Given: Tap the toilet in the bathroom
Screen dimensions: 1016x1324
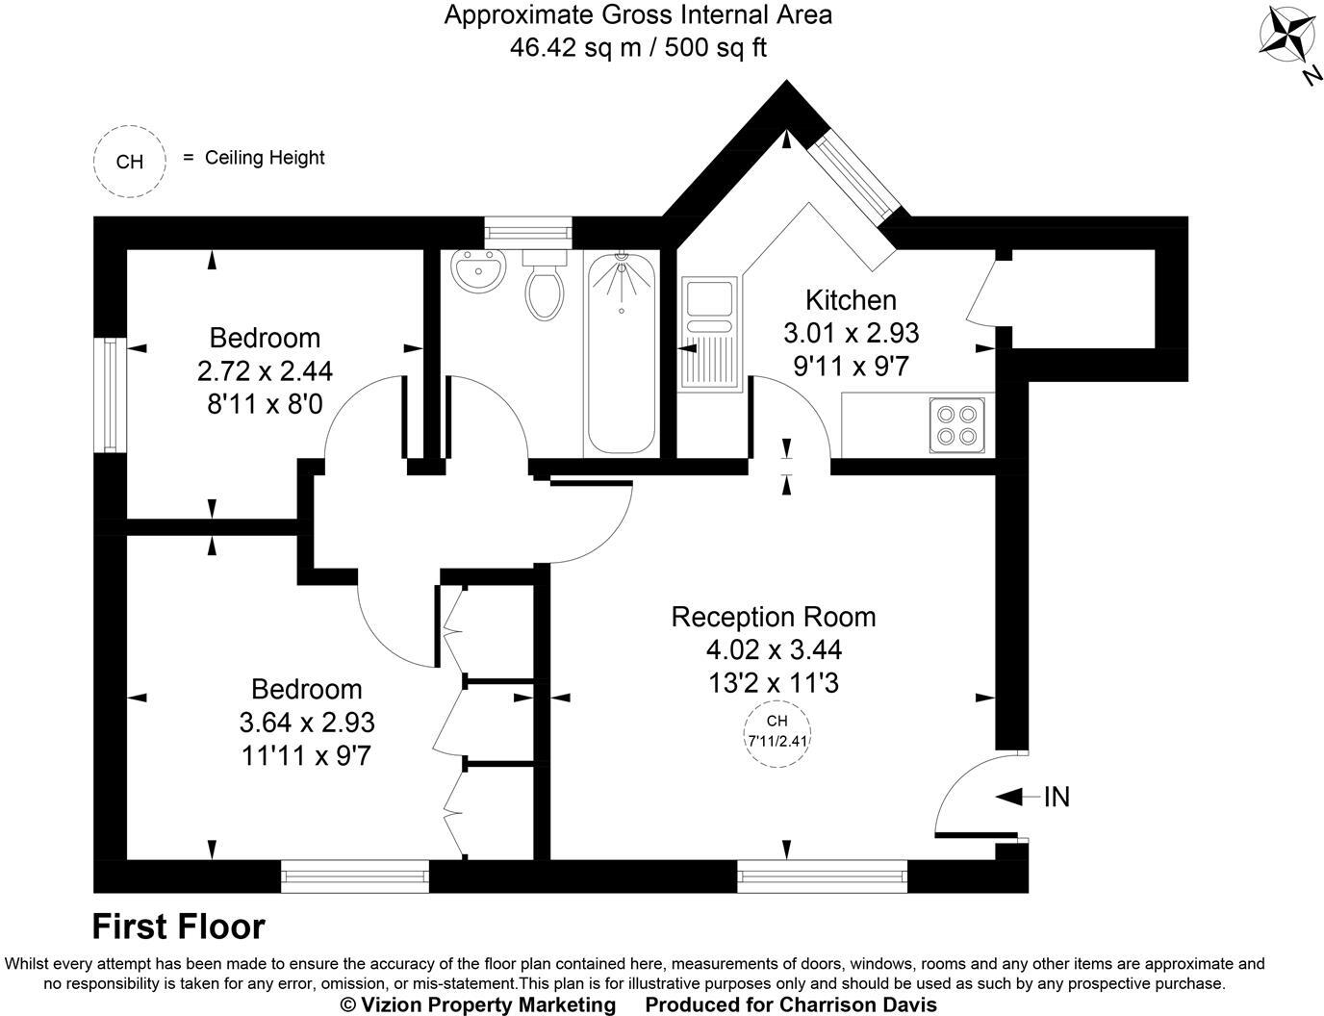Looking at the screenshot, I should click(x=546, y=287).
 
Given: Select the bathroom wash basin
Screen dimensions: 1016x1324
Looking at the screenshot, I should click(x=477, y=270).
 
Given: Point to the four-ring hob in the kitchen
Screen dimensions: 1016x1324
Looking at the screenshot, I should click(x=957, y=425).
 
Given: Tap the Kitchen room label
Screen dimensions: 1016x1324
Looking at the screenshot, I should click(x=851, y=300).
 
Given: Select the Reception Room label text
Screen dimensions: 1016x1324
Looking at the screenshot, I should click(x=773, y=616).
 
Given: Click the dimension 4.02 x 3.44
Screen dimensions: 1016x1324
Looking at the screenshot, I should click(x=773, y=649).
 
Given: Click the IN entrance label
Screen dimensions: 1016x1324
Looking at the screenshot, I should click(x=1057, y=797).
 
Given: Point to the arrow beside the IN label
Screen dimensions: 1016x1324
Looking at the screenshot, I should click(x=1016, y=797).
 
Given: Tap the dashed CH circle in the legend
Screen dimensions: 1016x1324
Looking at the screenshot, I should click(x=129, y=161).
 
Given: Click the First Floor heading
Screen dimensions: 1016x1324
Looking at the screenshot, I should click(x=178, y=927).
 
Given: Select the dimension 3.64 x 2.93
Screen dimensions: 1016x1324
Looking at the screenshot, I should click(x=306, y=722).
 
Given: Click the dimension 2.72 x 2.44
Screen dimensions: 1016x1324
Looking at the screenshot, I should click(x=265, y=370).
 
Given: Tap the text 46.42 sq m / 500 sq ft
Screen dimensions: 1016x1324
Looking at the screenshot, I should click(x=638, y=47).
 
